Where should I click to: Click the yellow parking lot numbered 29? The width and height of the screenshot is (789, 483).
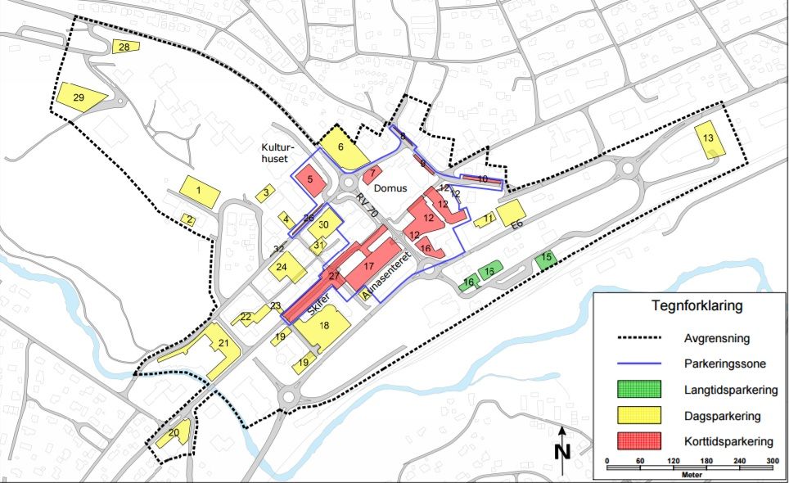point(79,98)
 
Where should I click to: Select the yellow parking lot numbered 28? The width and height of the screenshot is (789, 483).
point(125,47)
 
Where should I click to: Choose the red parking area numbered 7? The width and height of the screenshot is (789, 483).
point(373,174)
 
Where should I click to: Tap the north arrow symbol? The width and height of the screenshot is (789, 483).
point(561,448)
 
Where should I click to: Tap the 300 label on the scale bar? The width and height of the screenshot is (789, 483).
point(770,461)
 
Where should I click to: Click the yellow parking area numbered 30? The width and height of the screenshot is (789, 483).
point(325,226)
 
